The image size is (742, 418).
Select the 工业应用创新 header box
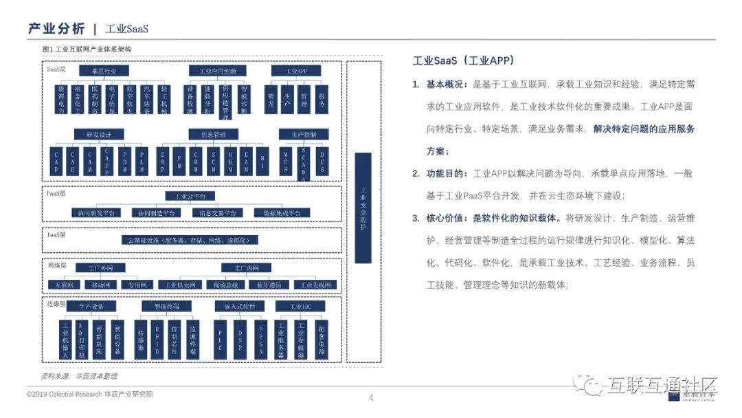coord(217,71)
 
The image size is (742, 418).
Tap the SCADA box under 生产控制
coord(304,164)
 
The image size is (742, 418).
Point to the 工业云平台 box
coord(190,196)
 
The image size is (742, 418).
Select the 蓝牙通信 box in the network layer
coord(270,285)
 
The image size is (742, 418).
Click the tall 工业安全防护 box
coord(363,208)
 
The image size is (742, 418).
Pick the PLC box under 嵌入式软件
coord(220,340)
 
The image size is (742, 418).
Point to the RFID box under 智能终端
coord(157,340)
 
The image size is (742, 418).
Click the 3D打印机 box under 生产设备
coord(82,340)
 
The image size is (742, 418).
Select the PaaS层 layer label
coord(56,195)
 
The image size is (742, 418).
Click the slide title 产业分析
coord(56,28)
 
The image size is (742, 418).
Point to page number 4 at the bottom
coord(371,397)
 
